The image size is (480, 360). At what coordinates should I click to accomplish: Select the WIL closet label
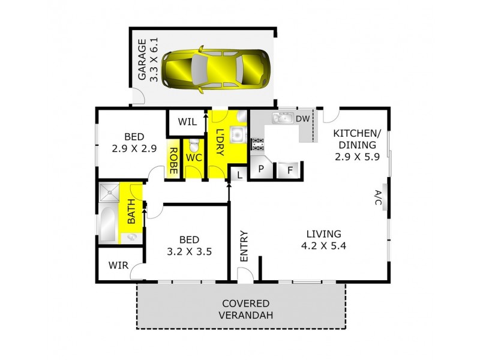tap(187, 122)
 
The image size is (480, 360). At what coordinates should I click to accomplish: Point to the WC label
tap(193, 157)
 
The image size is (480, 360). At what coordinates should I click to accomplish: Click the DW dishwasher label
tap(303, 118)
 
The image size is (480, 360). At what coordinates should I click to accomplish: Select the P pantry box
tap(261, 170)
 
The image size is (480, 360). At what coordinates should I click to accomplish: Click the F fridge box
tap(290, 170)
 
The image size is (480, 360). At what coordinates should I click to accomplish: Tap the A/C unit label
tap(378, 198)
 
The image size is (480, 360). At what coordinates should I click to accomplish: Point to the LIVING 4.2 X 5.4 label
tap(323, 239)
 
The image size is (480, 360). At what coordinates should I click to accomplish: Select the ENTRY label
tap(244, 246)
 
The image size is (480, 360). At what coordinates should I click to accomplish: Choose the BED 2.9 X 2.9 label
tap(134, 141)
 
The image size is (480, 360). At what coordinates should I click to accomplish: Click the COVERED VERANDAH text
tap(245, 309)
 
